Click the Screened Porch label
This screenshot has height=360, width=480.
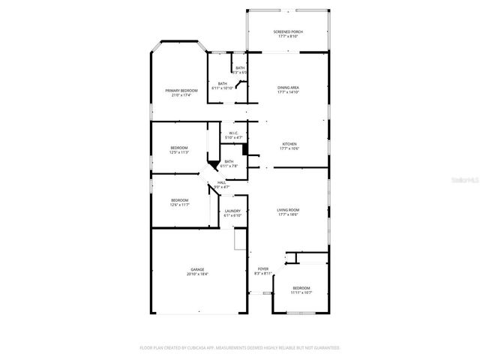pyautogui.click(x=289, y=31)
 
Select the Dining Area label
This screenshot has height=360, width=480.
pyautogui.click(x=289, y=88)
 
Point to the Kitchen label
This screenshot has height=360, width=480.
pyautogui.click(x=289, y=144)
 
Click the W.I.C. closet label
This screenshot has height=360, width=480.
pyautogui.click(x=233, y=133)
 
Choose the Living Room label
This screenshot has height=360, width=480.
pyautogui.click(x=289, y=210)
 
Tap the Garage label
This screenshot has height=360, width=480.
pyautogui.click(x=198, y=270)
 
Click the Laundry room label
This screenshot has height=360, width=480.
pyautogui.click(x=233, y=211)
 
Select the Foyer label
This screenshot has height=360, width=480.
pyautogui.click(x=262, y=268)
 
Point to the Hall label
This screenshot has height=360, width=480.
pyautogui.click(x=221, y=182)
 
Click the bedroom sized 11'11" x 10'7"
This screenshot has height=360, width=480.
pyautogui.click(x=301, y=289)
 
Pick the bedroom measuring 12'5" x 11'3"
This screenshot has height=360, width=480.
pyautogui.click(x=179, y=149)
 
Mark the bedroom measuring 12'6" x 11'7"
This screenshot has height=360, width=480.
pyautogui.click(x=179, y=201)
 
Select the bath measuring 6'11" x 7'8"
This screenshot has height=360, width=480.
pyautogui.click(x=229, y=163)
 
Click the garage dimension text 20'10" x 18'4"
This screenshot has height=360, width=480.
pyautogui.click(x=198, y=274)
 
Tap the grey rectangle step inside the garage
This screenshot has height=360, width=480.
pyautogui.click(x=240, y=240)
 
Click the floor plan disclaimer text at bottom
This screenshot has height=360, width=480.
pyautogui.click(x=240, y=348)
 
